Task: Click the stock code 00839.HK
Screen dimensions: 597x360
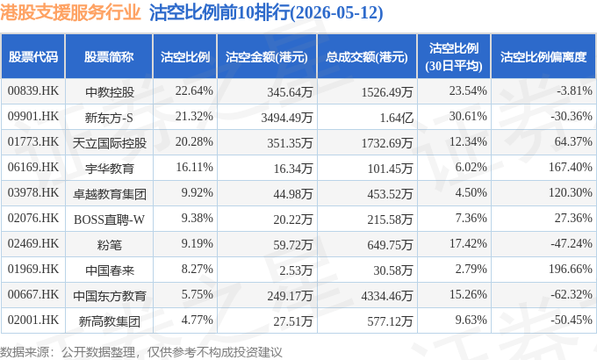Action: point(33,91)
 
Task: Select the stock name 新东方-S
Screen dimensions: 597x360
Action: point(109,118)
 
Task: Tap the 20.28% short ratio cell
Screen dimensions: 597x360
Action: point(194,142)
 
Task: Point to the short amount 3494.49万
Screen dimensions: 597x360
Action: point(287,118)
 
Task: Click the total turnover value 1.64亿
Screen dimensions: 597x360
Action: point(396,118)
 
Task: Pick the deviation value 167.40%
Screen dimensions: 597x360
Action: point(571,167)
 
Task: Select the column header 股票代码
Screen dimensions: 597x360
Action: point(33,57)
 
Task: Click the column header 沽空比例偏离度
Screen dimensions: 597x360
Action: point(543,57)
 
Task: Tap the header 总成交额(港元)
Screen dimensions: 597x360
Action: point(367,57)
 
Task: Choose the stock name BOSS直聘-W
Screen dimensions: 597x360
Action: point(109,220)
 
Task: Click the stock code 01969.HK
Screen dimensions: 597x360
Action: point(33,270)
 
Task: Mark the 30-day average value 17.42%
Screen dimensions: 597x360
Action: point(468,244)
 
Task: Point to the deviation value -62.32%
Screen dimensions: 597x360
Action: point(572,295)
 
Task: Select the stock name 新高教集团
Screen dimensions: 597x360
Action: point(109,321)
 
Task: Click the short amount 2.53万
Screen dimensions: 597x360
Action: point(296,270)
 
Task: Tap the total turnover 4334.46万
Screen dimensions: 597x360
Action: point(387,296)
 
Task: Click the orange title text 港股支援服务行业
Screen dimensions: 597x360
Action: point(70,12)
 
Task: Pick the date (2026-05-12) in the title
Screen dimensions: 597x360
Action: point(336,13)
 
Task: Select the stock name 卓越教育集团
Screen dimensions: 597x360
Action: point(109,194)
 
